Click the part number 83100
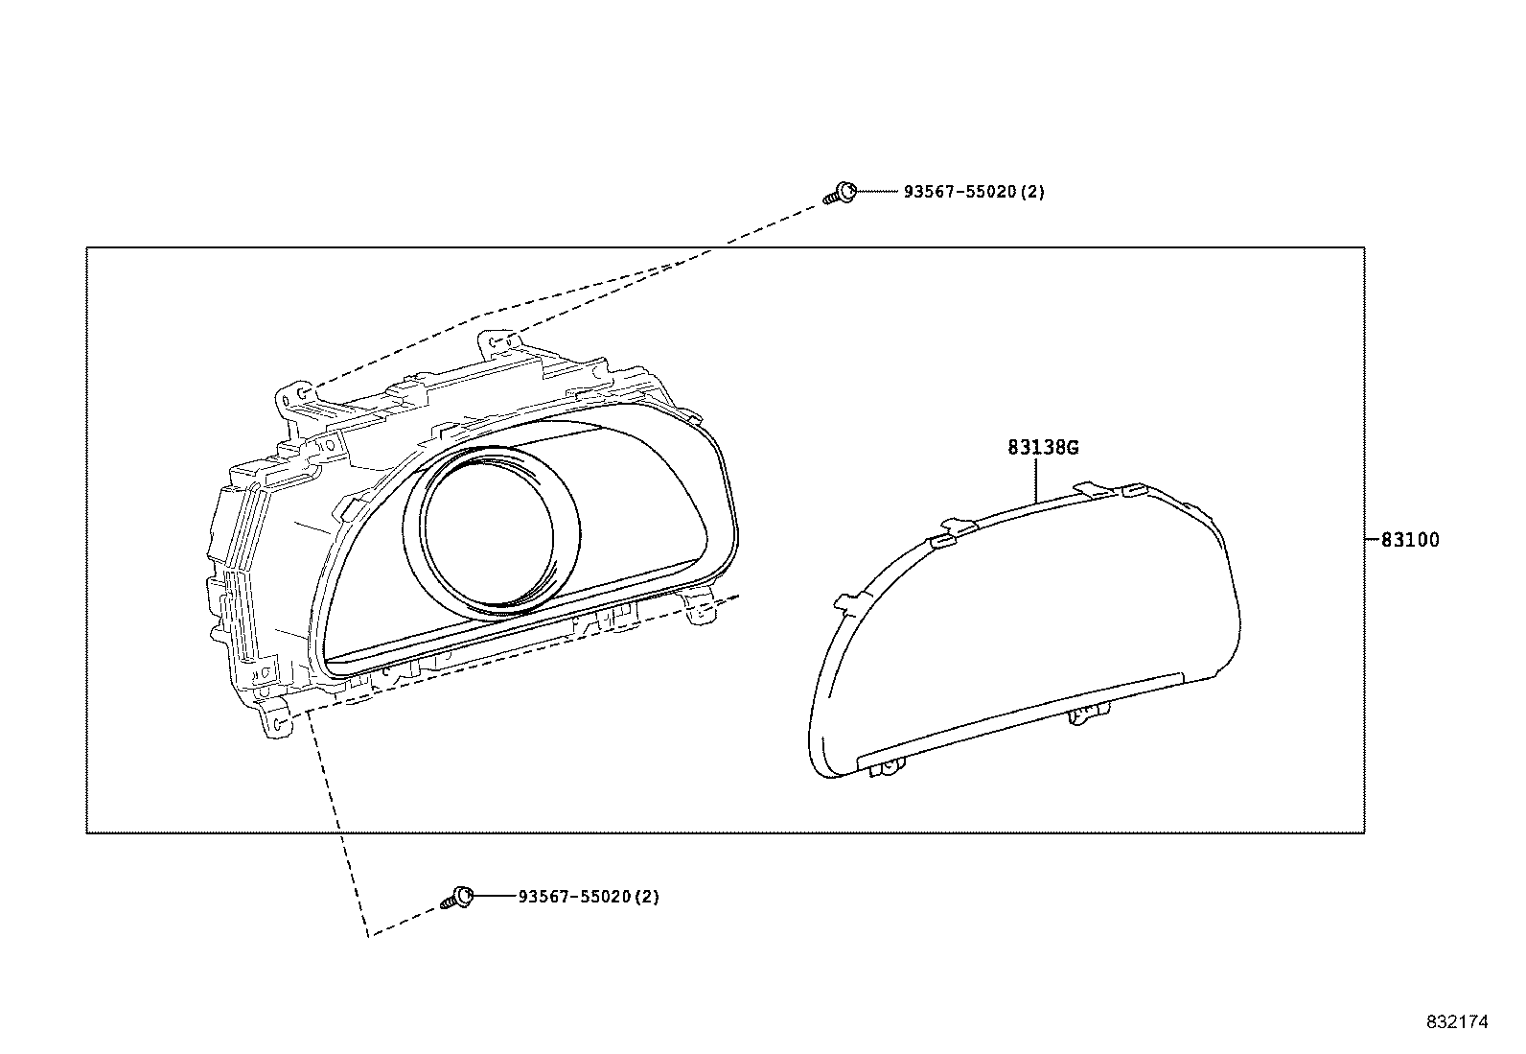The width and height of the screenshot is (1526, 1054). point(1409,541)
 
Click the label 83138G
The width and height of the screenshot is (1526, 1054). point(1043,448)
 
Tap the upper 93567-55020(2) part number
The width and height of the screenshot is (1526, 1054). point(973,192)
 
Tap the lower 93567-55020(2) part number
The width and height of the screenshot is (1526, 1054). point(588,897)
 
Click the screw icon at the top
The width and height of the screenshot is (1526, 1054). point(842,193)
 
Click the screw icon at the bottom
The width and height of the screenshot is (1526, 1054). point(458,898)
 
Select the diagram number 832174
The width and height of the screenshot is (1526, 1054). point(1456,1022)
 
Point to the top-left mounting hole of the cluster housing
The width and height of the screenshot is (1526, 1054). point(302,392)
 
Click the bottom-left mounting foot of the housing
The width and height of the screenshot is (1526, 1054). point(275,723)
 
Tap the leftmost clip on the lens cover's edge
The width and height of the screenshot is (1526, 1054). point(846,601)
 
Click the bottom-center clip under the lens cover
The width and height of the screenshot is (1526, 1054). point(1086,714)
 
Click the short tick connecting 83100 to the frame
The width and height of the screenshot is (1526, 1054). point(1371,541)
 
